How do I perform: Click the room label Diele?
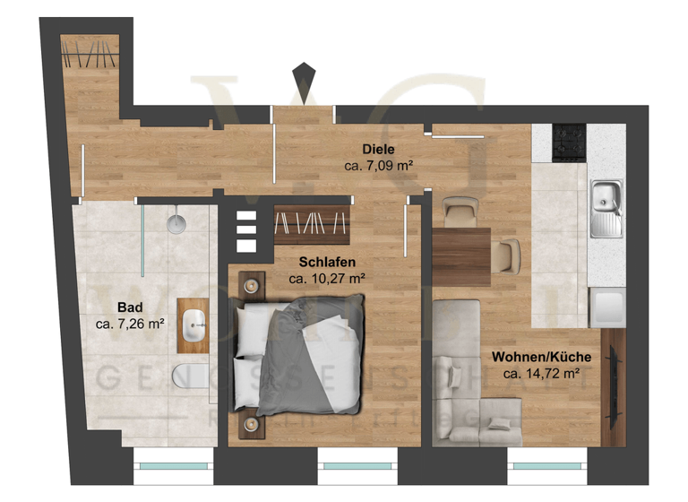379,149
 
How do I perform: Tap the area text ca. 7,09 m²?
378,166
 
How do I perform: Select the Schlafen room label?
327,262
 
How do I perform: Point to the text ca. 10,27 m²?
327,279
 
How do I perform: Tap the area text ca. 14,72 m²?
541,374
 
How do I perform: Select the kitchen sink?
606,208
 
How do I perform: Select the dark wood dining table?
461,257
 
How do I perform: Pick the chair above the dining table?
460,211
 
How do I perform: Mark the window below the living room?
545,465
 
